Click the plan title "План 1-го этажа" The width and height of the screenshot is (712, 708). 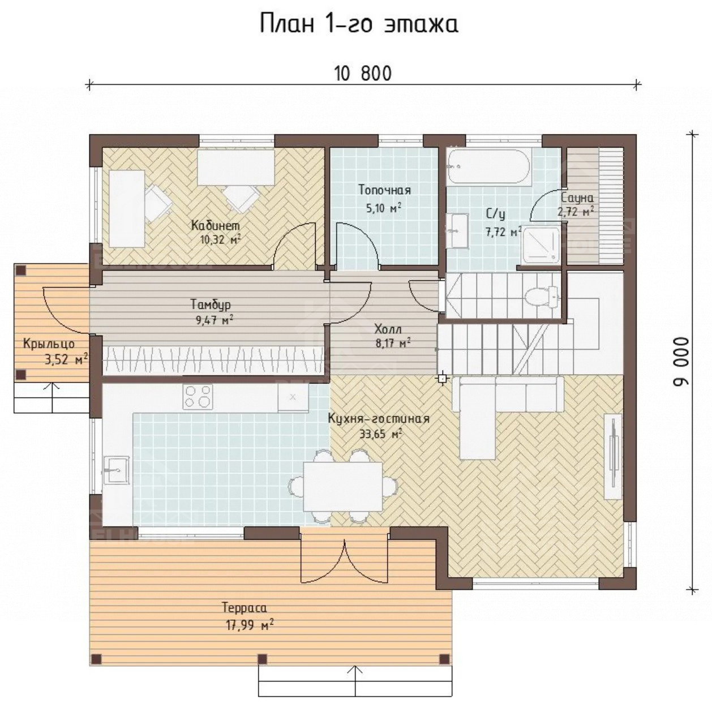tap(359, 24)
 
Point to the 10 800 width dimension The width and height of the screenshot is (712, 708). tap(363, 74)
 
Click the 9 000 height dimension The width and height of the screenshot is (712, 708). tap(681, 362)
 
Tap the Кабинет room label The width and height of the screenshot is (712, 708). tap(216, 225)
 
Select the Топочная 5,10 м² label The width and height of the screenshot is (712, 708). tap(384, 199)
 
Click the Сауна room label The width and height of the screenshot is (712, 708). tap(577, 198)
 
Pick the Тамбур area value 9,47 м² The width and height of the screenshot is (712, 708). tap(215, 319)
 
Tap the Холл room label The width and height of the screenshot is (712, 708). tap(388, 328)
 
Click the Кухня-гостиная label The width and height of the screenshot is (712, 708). tap(379, 419)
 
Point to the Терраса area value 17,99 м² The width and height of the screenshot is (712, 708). tap(250, 625)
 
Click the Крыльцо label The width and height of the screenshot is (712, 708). tap(49, 344)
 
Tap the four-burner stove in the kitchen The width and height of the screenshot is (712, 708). tap(198, 397)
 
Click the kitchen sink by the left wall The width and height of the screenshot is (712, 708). tap(117, 470)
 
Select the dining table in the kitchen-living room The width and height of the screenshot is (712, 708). tap(343, 486)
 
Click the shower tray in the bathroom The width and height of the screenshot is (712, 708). tap(541, 245)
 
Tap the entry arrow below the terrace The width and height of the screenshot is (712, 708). tap(356, 685)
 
